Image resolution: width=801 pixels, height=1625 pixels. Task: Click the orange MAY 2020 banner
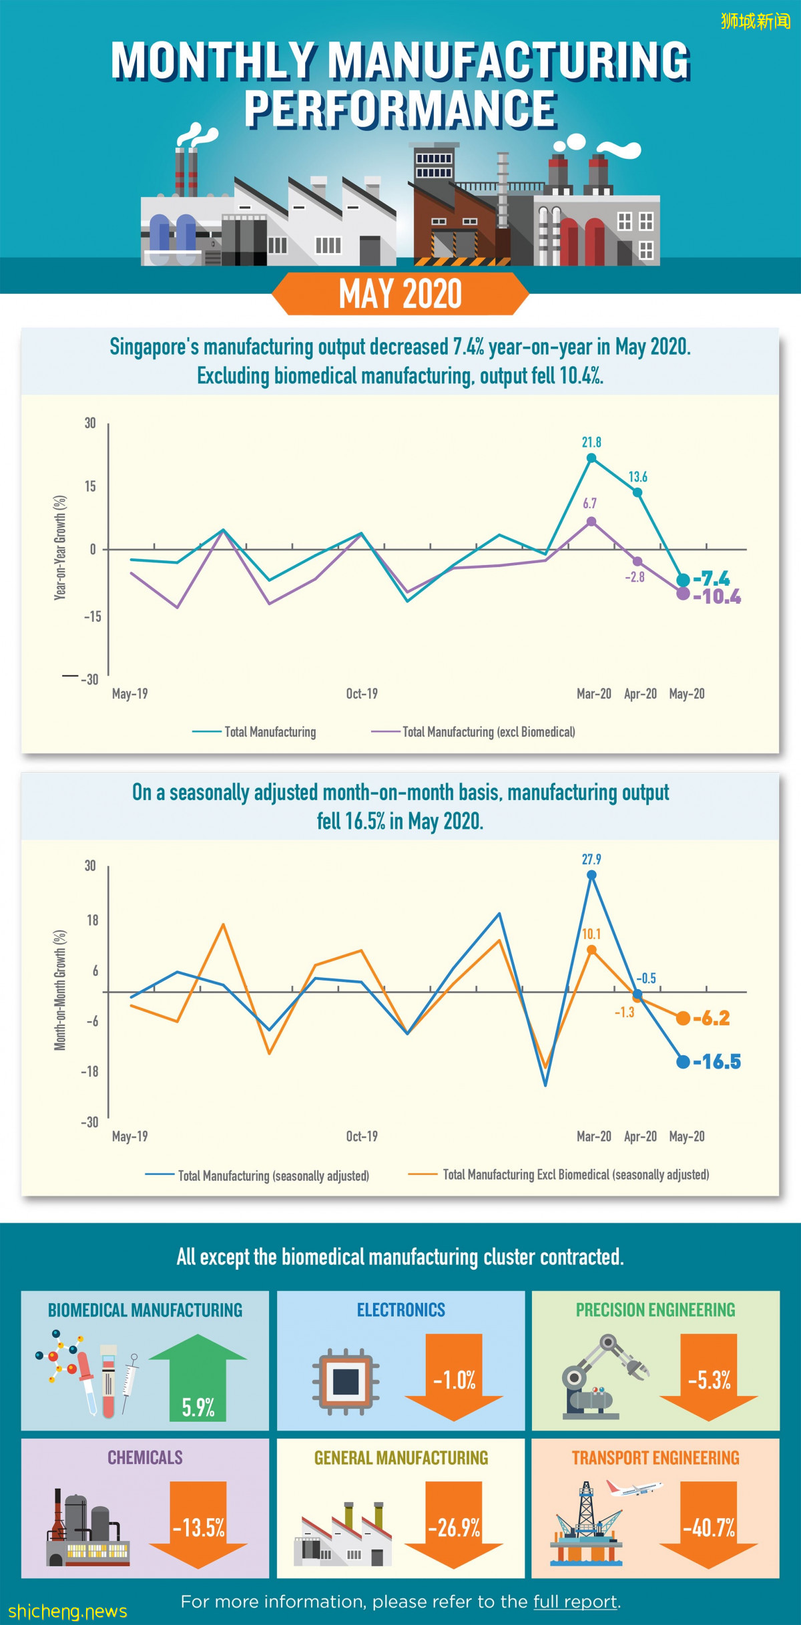tap(400, 294)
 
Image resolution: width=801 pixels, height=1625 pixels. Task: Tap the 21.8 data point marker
tap(591, 458)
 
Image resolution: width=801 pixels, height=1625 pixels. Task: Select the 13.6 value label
tap(637, 477)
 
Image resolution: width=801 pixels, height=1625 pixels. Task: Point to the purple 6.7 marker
tap(591, 522)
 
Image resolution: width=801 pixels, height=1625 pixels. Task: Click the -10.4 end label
tap(717, 596)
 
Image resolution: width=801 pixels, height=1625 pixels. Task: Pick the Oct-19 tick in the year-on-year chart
tap(362, 694)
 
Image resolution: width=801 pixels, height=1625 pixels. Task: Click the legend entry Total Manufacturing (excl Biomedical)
tap(488, 732)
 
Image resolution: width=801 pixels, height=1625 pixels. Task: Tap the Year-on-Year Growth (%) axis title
tap(60, 548)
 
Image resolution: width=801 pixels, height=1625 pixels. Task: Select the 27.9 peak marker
tap(591, 875)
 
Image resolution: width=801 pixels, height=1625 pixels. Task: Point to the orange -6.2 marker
tap(683, 1019)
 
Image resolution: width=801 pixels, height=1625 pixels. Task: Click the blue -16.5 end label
tap(717, 1062)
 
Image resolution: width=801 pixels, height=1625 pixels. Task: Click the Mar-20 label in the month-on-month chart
tap(593, 1136)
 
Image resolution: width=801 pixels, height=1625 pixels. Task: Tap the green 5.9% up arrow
tap(198, 1379)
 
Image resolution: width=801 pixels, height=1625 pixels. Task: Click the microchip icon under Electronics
tap(346, 1381)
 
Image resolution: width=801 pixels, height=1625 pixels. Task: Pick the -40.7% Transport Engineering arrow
tap(709, 1525)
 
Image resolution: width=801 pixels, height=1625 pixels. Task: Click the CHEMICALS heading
tap(145, 1457)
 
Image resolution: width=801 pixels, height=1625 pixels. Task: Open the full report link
tap(575, 1602)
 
